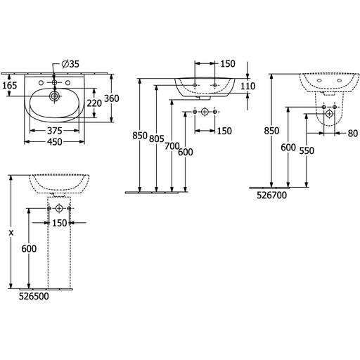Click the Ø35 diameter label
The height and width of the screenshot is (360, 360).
pos(70,64)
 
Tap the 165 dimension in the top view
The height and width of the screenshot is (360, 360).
pos(10,86)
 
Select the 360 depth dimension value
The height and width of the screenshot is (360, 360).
pos(112,98)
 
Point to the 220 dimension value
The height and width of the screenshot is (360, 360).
pos(94,103)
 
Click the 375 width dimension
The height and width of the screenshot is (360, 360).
pos(55,131)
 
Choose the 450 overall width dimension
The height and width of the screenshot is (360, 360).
pos(55,142)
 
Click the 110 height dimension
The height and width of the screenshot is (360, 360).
pos(248,86)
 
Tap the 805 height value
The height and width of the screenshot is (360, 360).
pos(157,139)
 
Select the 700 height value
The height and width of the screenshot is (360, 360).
pos(172,146)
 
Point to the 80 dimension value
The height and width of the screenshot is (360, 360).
pos(353,134)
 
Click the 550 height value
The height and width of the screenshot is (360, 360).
pos(307,150)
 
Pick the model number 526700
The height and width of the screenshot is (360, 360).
pos(271,195)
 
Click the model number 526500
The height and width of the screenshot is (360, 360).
pos(34,296)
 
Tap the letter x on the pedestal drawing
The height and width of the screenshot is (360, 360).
pos(11,233)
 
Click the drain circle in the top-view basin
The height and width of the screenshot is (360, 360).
pos(55,96)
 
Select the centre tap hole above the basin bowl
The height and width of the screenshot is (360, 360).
pos(54,82)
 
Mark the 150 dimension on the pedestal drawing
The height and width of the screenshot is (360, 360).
pos(60,223)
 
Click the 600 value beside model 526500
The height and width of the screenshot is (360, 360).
pos(29,249)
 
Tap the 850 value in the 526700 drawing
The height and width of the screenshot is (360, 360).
pos(271,131)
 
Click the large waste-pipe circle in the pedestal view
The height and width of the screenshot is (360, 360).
pos(59,208)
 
